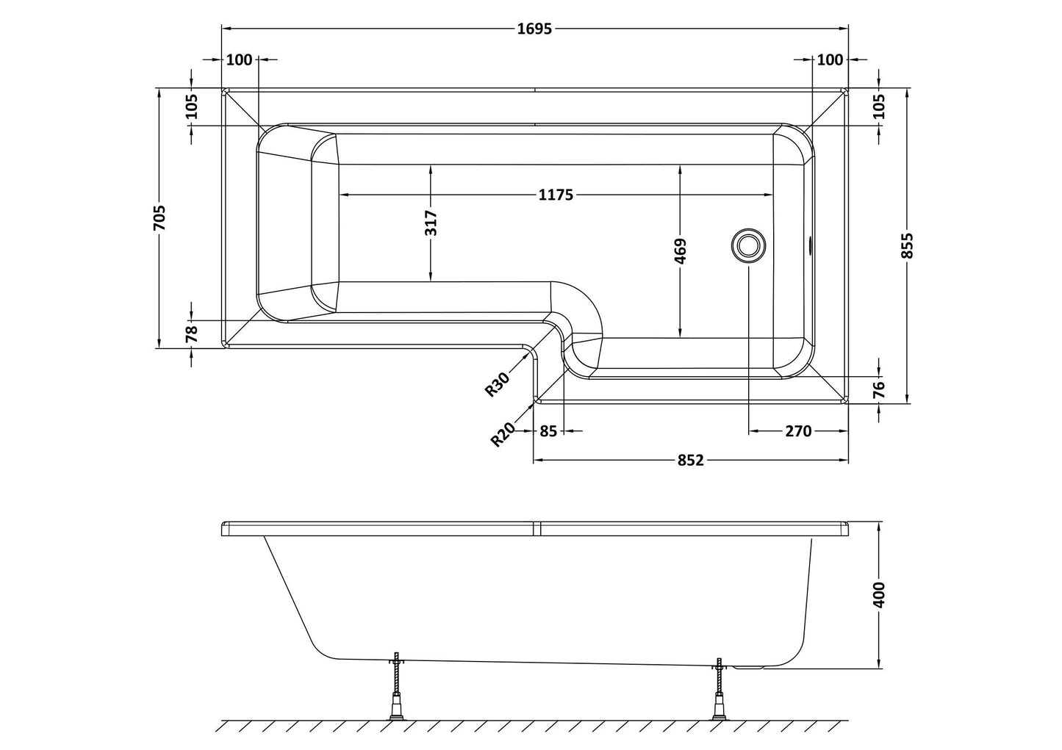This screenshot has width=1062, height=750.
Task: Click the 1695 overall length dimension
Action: point(534,29)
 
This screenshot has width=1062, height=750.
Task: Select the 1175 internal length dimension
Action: point(555,195)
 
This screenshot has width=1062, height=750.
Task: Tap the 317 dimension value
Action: point(431,223)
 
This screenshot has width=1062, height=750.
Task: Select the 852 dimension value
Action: point(690,461)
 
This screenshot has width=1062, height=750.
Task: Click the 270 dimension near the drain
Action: point(798,431)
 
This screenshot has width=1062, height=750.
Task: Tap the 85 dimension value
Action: point(548,431)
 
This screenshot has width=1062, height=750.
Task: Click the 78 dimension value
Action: point(191,334)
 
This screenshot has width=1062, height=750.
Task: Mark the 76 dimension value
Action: point(880,389)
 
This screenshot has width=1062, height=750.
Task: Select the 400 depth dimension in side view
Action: point(880,594)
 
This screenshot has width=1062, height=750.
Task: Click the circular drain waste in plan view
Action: point(748,244)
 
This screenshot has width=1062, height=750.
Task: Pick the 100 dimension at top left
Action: point(239,60)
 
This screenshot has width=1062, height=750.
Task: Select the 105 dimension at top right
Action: point(880,107)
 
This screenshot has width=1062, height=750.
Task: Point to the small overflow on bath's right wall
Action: point(810,245)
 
